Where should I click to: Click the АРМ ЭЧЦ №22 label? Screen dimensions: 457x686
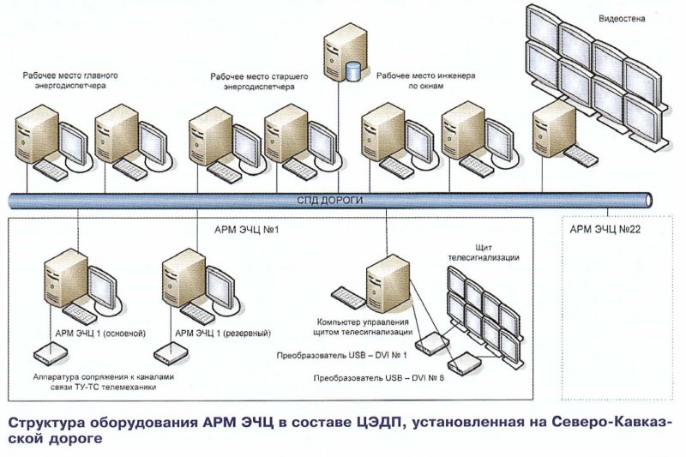(606, 230)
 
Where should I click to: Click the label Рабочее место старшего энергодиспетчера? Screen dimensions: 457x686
(253, 81)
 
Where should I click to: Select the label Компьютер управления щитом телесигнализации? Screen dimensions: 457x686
(365, 327)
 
